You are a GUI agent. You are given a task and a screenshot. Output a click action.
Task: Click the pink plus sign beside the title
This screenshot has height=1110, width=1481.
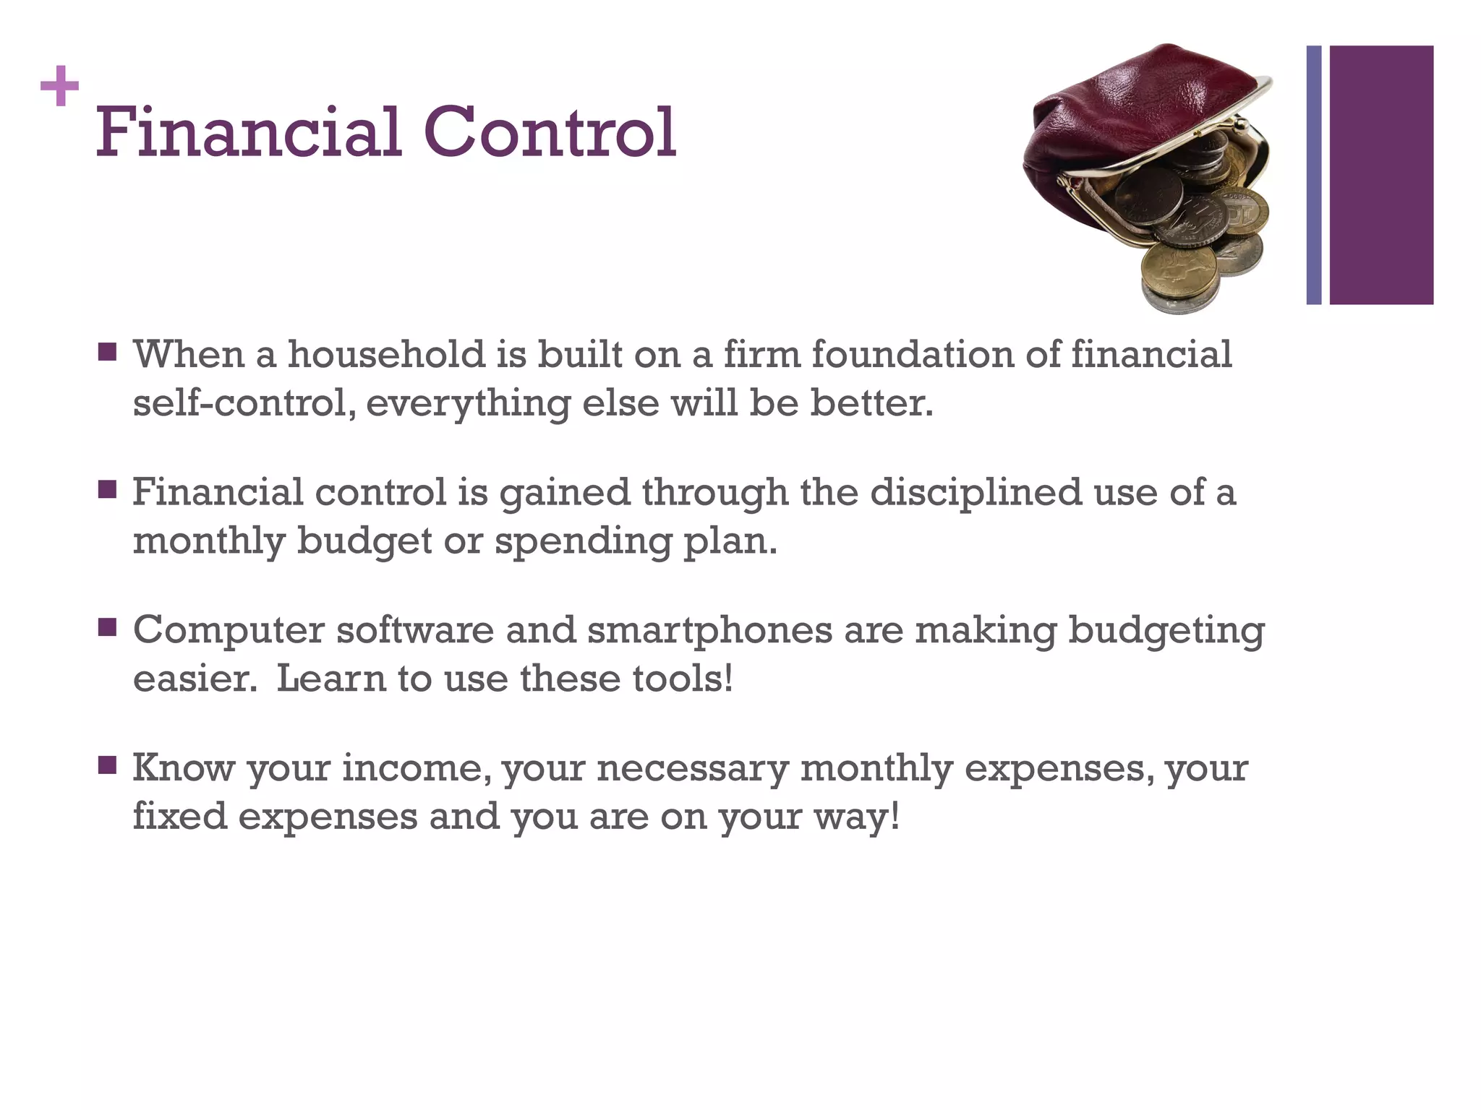59,86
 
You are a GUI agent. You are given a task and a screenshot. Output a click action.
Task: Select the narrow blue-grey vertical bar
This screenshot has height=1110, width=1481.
1313,175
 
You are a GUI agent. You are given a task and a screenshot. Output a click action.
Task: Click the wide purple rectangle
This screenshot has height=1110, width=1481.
1381,175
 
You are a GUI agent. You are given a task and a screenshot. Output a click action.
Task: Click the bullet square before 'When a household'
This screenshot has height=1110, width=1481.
108,353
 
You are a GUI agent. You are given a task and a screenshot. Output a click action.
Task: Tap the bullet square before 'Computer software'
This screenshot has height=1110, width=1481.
108,627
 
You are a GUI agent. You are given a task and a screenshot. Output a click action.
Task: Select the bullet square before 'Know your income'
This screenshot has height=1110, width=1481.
108,765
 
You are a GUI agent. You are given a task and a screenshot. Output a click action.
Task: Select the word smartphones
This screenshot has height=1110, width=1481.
709,630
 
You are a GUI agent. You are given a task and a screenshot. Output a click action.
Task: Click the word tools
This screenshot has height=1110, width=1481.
683,679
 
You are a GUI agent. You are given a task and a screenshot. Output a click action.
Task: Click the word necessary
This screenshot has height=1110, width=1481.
692,769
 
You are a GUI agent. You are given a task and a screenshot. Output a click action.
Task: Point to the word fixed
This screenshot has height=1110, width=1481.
180,816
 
